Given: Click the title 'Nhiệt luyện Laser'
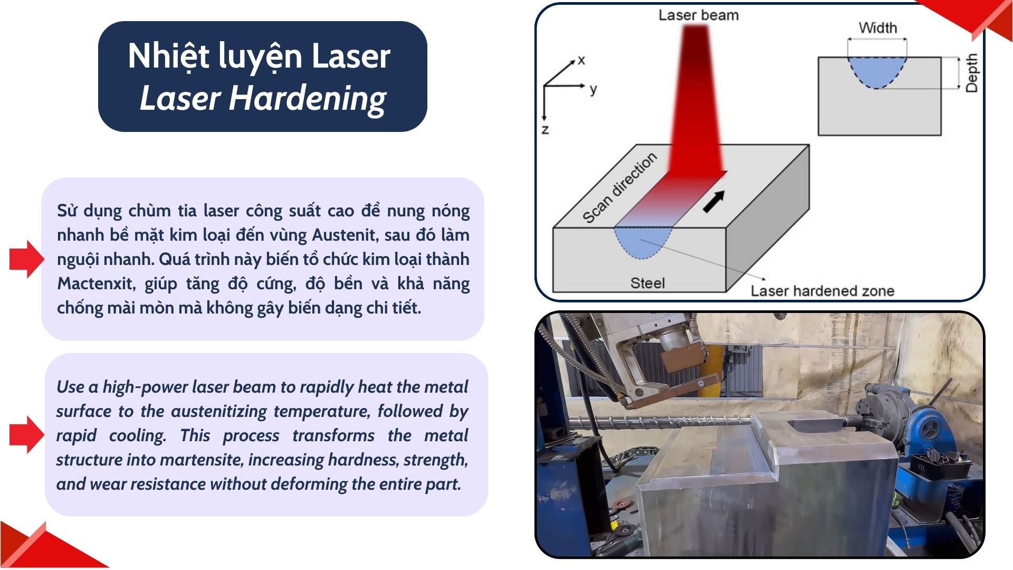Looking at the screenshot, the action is click(259, 57).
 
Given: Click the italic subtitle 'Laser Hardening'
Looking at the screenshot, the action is click(263, 99).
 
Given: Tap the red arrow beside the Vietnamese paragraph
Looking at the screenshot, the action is click(27, 259).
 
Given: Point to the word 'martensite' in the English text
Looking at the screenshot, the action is click(201, 460).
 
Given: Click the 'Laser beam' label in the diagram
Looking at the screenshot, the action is click(699, 15).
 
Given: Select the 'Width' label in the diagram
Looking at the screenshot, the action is click(878, 27).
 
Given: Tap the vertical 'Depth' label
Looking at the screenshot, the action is click(971, 73).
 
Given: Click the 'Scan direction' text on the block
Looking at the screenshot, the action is click(620, 188).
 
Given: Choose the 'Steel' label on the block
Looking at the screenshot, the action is click(647, 283).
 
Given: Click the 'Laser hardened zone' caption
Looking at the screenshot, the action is click(823, 291).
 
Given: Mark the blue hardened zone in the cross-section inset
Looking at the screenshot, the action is click(877, 71).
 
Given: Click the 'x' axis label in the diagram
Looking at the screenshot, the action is click(581, 60).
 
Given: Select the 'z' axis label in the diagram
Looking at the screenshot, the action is click(546, 129).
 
